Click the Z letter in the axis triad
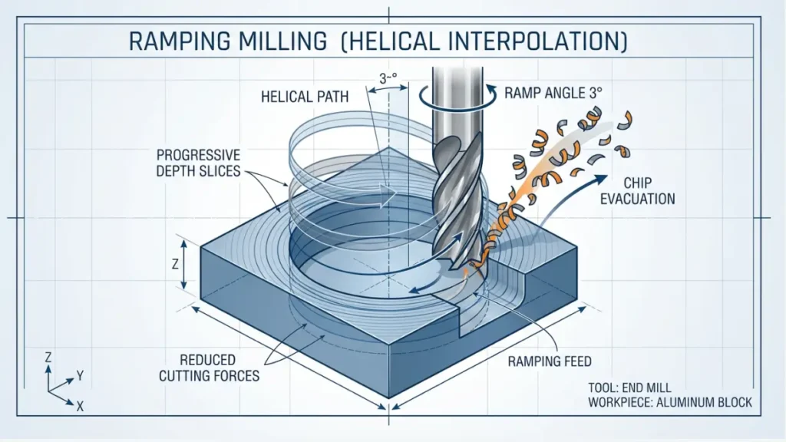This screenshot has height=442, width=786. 48,358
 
